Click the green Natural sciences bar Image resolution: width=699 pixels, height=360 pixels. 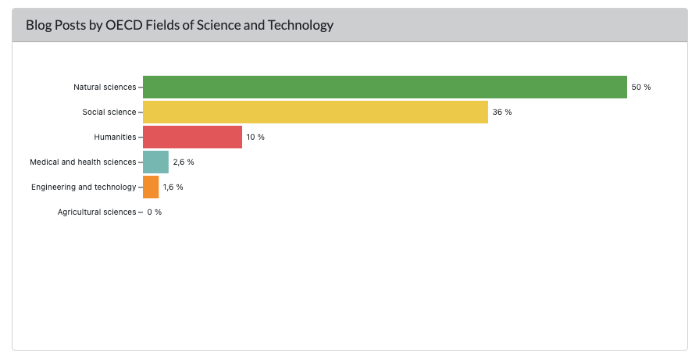click(384, 87)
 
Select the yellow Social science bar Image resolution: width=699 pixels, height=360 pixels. click(315, 112)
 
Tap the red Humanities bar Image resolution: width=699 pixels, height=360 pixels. click(192, 137)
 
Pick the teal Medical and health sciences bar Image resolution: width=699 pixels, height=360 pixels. click(155, 162)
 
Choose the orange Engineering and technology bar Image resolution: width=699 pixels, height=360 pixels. click(151, 187)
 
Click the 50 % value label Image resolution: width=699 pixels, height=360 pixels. click(640, 87)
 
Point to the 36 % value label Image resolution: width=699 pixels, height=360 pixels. click(501, 112)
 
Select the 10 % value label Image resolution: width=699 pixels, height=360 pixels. click(255, 137)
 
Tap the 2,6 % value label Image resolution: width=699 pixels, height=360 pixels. click(183, 162)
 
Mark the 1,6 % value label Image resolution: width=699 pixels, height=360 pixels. click(173, 187)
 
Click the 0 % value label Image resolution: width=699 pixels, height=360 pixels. click(154, 212)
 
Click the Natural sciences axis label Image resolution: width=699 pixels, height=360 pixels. click(104, 87)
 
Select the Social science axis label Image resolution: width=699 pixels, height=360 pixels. click(109, 112)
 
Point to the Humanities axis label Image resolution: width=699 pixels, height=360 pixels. click(115, 137)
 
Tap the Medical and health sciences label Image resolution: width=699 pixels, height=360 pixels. click(82, 162)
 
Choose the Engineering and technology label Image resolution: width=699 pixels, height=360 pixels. click(83, 187)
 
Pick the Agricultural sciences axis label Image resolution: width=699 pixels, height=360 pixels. click(96, 212)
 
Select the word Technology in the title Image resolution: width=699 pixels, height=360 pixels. click(301, 25)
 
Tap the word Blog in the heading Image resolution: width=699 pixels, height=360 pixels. click(38, 25)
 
